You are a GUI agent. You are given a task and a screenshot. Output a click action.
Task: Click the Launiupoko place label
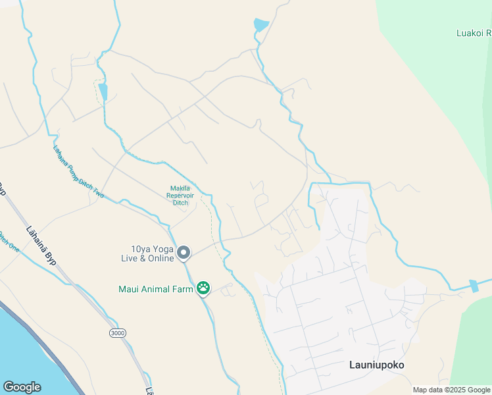coord(376,365)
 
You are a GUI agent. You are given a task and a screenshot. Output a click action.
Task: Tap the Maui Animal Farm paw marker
coord(203,288)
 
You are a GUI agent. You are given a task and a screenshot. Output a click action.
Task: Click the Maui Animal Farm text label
coord(155,288)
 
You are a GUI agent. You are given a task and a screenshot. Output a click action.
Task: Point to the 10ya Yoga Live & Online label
coord(152,253)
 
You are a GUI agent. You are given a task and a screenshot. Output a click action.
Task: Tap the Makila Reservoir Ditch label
coord(180,195)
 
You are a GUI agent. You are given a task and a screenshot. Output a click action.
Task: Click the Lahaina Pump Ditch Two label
coord(78,172)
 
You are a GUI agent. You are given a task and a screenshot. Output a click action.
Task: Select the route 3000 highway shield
coord(117,334)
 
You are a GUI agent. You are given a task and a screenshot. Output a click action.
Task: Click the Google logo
coord(22,387)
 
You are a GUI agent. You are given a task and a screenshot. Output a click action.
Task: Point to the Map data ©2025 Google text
coord(451,390)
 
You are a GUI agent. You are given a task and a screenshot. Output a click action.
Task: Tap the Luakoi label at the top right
coord(474,32)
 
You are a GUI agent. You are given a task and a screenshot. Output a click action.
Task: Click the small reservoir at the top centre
coord(261,25)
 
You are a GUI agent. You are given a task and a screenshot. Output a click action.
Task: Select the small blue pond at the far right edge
coord(474,286)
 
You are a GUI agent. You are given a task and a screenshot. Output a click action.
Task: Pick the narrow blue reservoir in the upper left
coord(103,92)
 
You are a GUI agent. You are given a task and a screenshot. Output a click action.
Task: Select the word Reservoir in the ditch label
coord(180,195)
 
